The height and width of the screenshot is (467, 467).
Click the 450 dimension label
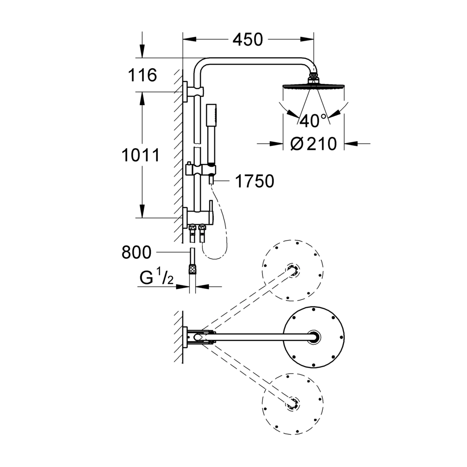[248, 40]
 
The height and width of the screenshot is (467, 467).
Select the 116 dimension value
[142, 75]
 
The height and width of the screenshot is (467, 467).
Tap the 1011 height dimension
[141, 155]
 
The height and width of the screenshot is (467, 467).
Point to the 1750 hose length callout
[255, 181]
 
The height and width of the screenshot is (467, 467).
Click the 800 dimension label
[137, 252]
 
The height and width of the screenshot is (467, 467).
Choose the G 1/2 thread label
[156, 276]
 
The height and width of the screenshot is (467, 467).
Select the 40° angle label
[313, 121]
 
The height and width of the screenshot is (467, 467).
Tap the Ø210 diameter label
[314, 144]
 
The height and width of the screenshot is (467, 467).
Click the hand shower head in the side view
[211, 134]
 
